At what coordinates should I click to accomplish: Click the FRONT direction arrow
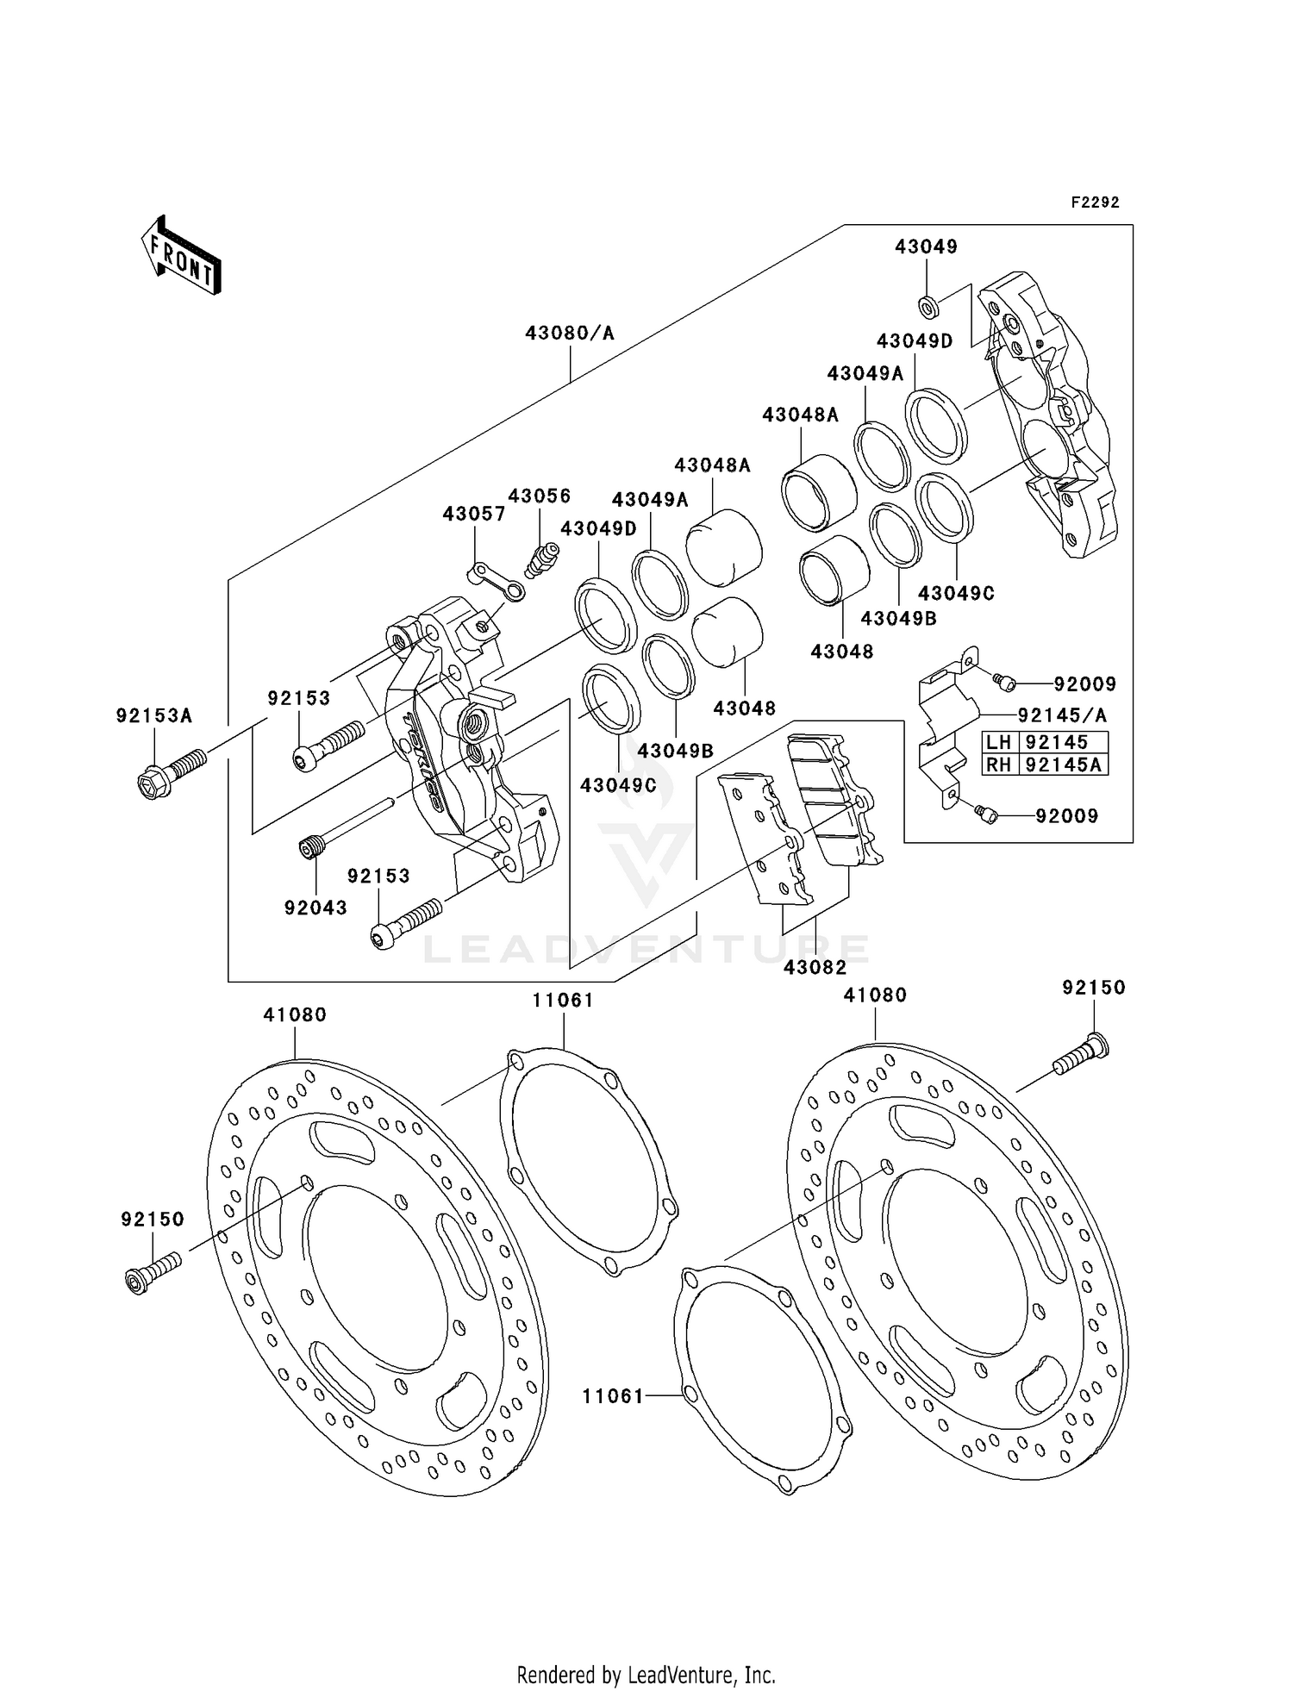click(x=182, y=256)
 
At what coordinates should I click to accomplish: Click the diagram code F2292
click(x=1095, y=203)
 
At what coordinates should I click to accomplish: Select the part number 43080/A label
click(x=570, y=333)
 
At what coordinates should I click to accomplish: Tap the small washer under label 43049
click(x=928, y=304)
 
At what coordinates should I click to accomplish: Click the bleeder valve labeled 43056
click(x=540, y=560)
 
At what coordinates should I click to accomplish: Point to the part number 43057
click(x=473, y=514)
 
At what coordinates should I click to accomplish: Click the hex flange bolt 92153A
click(x=170, y=771)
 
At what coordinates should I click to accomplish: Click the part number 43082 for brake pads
click(x=815, y=968)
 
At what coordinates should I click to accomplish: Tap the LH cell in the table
click(x=999, y=742)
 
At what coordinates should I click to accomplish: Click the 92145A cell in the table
click(x=1063, y=764)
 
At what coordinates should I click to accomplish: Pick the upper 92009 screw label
click(x=1084, y=684)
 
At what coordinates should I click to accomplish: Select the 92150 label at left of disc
click(x=153, y=1220)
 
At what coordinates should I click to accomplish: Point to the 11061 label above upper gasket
click(x=563, y=1000)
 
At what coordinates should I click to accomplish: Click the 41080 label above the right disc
click(x=875, y=995)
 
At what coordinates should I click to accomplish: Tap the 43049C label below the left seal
click(x=618, y=785)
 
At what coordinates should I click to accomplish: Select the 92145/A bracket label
click(x=1062, y=715)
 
